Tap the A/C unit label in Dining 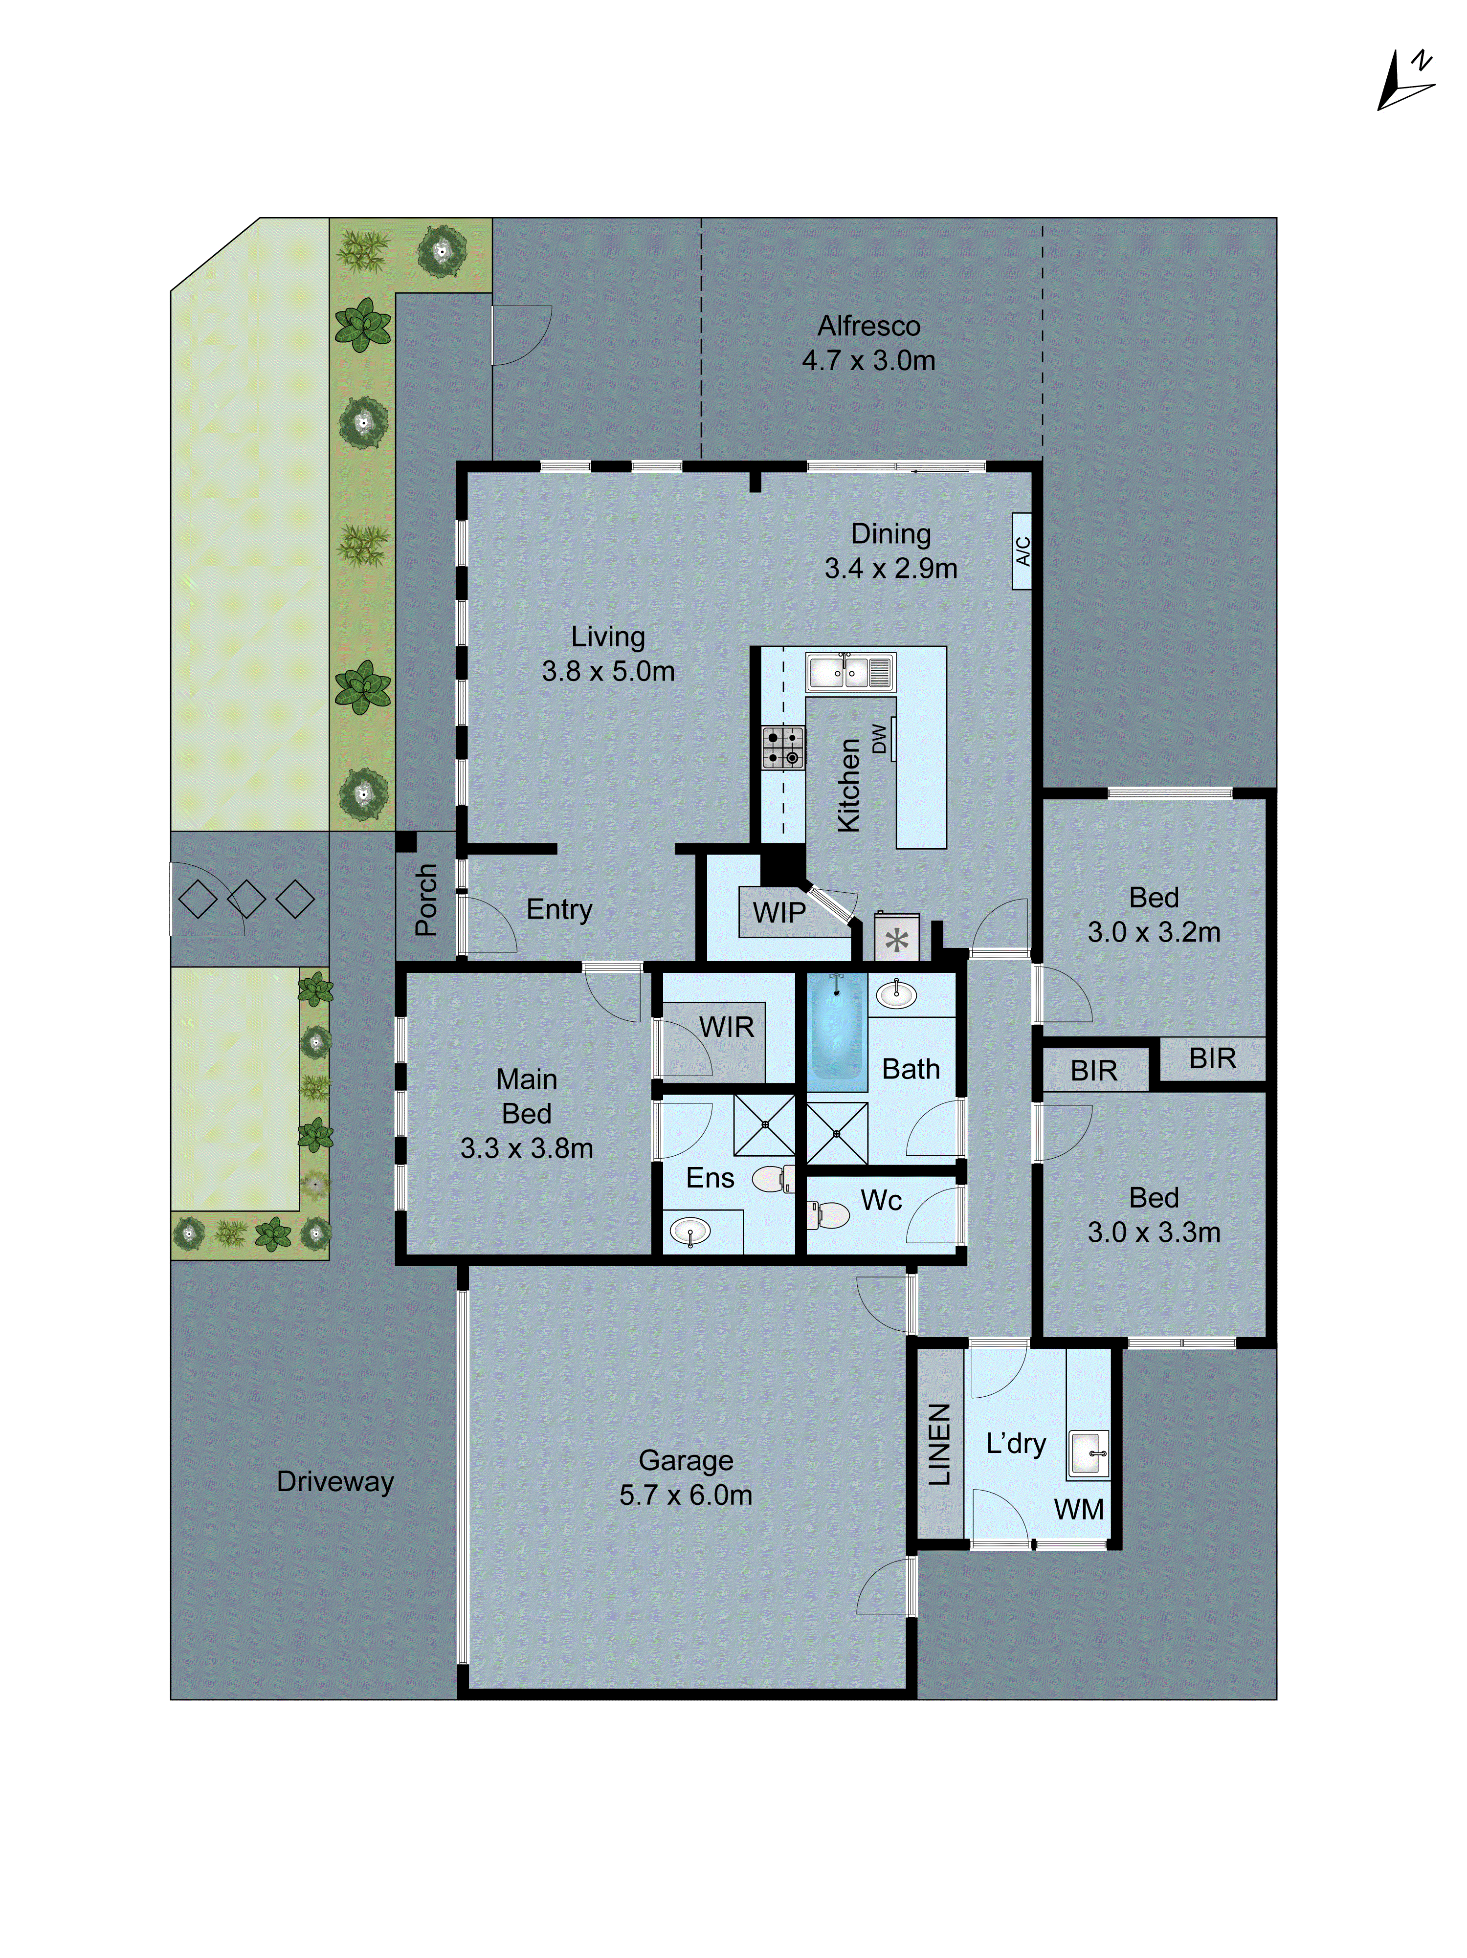(x=1021, y=550)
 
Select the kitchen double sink (x=850, y=673)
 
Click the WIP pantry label (x=779, y=913)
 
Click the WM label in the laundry (x=1078, y=1509)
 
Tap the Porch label (x=426, y=900)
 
